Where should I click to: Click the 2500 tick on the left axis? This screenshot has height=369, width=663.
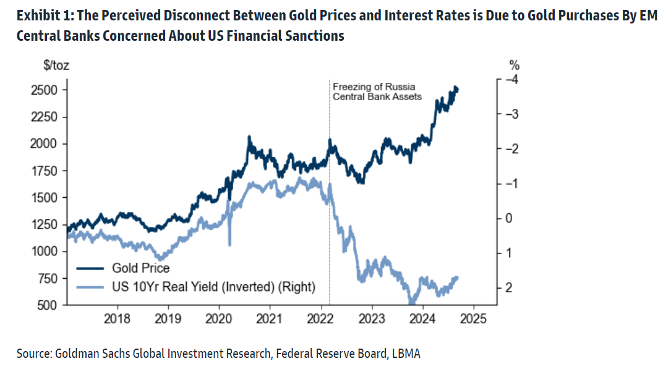click(x=46, y=90)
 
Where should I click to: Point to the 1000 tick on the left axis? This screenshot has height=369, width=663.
click(x=46, y=252)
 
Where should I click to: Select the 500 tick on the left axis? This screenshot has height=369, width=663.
click(x=49, y=305)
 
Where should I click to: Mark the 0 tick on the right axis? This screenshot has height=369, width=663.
click(x=510, y=218)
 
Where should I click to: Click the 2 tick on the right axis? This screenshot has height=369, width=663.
click(x=510, y=288)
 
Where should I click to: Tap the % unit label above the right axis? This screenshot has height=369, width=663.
click(x=512, y=64)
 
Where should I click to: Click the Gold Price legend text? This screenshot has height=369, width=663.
click(x=140, y=268)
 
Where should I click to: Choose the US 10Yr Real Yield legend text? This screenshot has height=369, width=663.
click(x=213, y=287)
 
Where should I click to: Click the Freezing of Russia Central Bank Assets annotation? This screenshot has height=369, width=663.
click(x=377, y=91)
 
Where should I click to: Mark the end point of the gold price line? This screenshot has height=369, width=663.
click(x=457, y=89)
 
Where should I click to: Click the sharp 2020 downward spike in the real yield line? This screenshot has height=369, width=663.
click(x=230, y=244)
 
